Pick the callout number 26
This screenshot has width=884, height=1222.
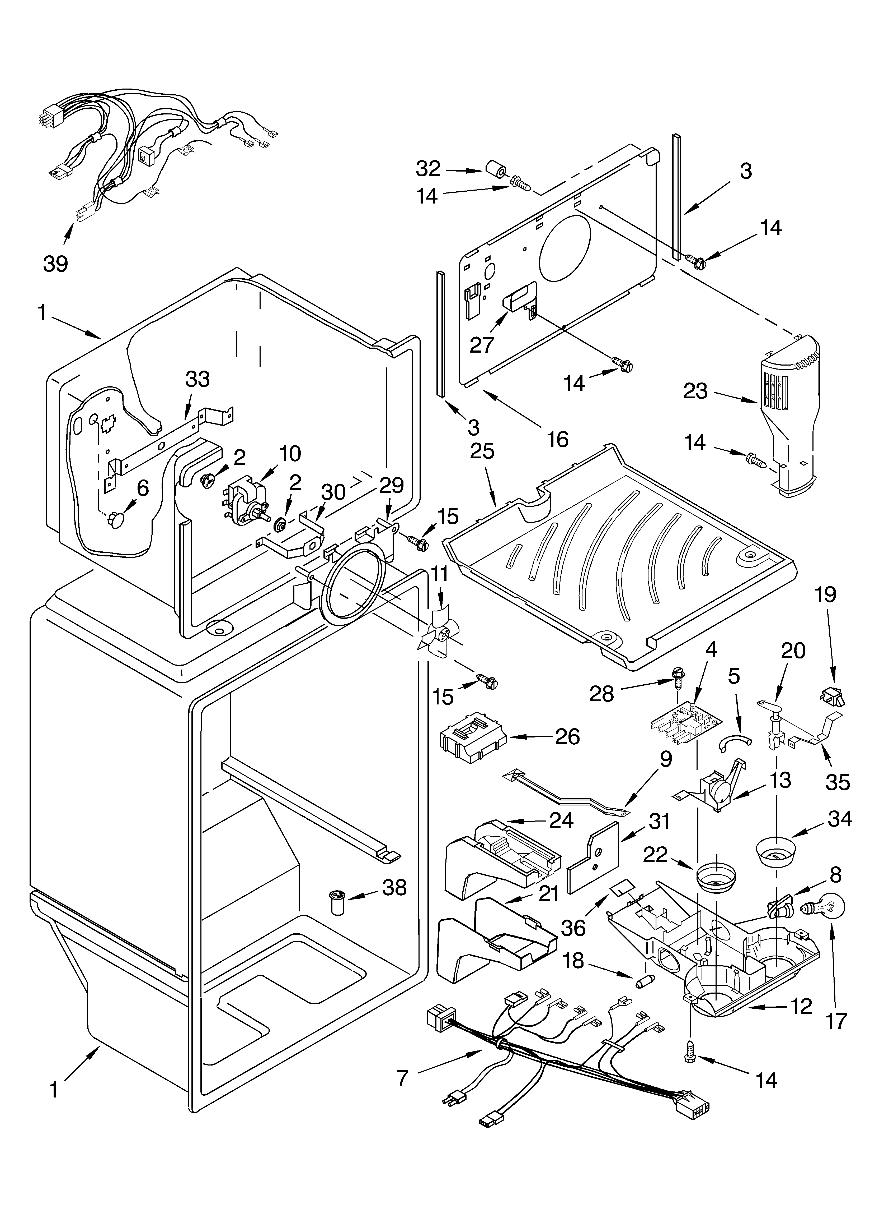point(567,736)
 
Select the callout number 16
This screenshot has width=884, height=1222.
point(558,439)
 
